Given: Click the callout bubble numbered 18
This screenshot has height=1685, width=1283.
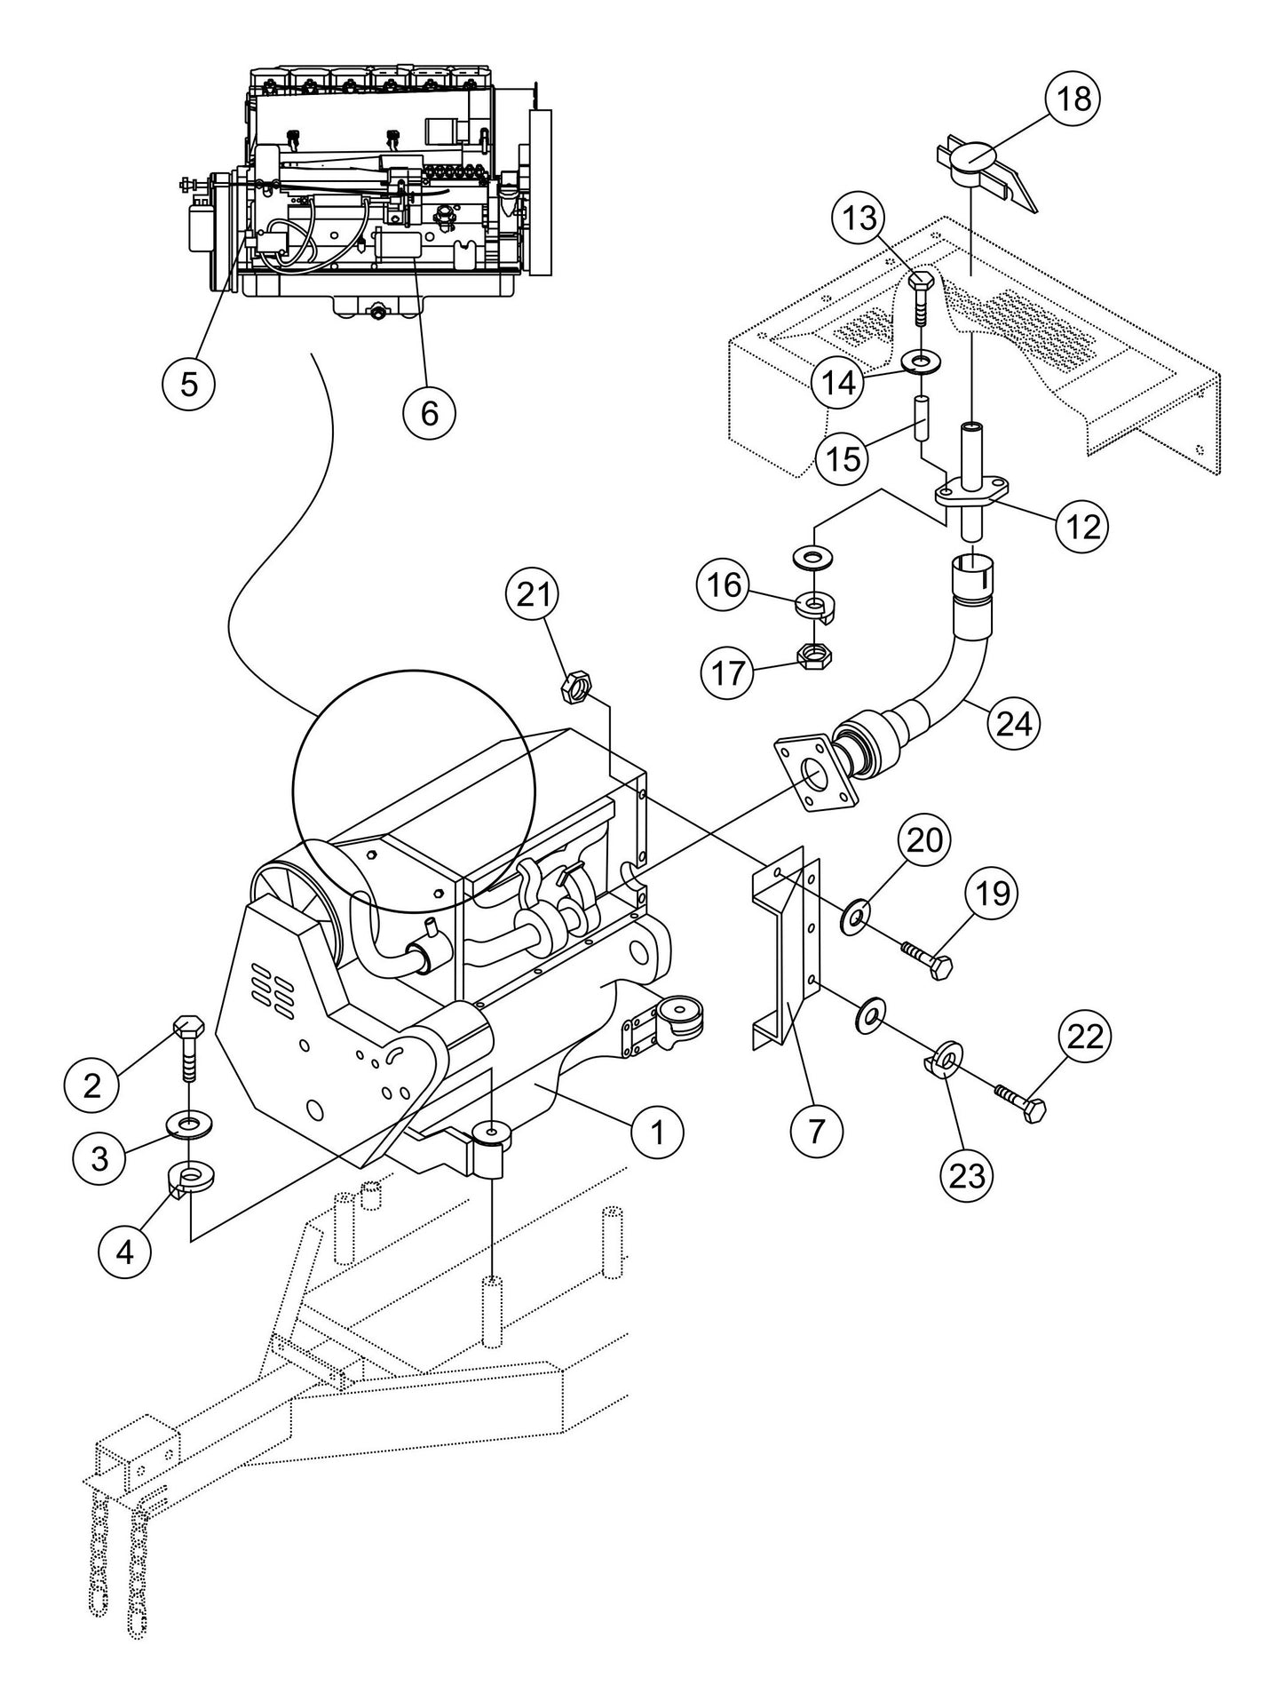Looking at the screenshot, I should tap(1073, 99).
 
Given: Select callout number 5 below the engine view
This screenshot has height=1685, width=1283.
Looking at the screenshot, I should tap(188, 384).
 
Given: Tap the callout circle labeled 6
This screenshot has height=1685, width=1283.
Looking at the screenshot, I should tap(429, 413).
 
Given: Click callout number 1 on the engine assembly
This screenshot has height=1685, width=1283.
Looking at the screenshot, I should tap(657, 1132).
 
